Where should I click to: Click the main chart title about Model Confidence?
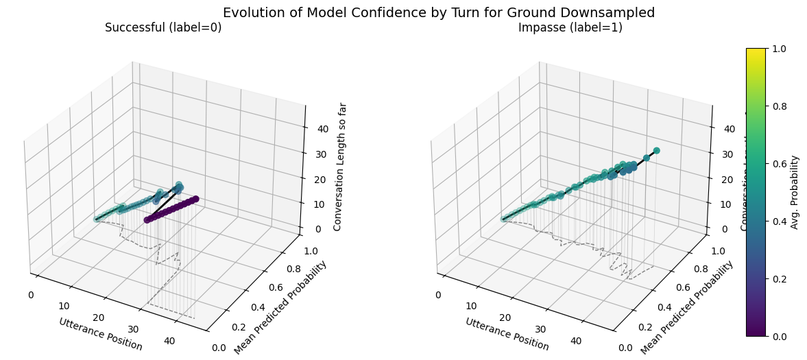[x=439, y=12]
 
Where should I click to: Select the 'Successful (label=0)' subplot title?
[x=163, y=28]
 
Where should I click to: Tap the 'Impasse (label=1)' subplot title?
[x=570, y=28]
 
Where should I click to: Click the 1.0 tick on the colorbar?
[x=778, y=49]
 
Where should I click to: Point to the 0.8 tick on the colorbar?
[x=778, y=106]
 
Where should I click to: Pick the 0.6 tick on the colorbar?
[x=778, y=164]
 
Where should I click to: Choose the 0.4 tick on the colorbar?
[x=778, y=221]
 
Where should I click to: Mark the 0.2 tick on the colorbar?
[x=778, y=278]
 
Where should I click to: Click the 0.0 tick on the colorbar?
[x=778, y=336]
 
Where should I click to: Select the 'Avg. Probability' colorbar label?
[x=795, y=192]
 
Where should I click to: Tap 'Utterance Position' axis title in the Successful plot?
[x=101, y=334]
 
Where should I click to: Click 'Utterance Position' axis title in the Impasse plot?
[x=507, y=334]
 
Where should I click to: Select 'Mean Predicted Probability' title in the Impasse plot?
[x=686, y=308]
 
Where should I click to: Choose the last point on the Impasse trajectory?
[x=656, y=150]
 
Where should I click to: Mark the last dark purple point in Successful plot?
[x=195, y=199]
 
